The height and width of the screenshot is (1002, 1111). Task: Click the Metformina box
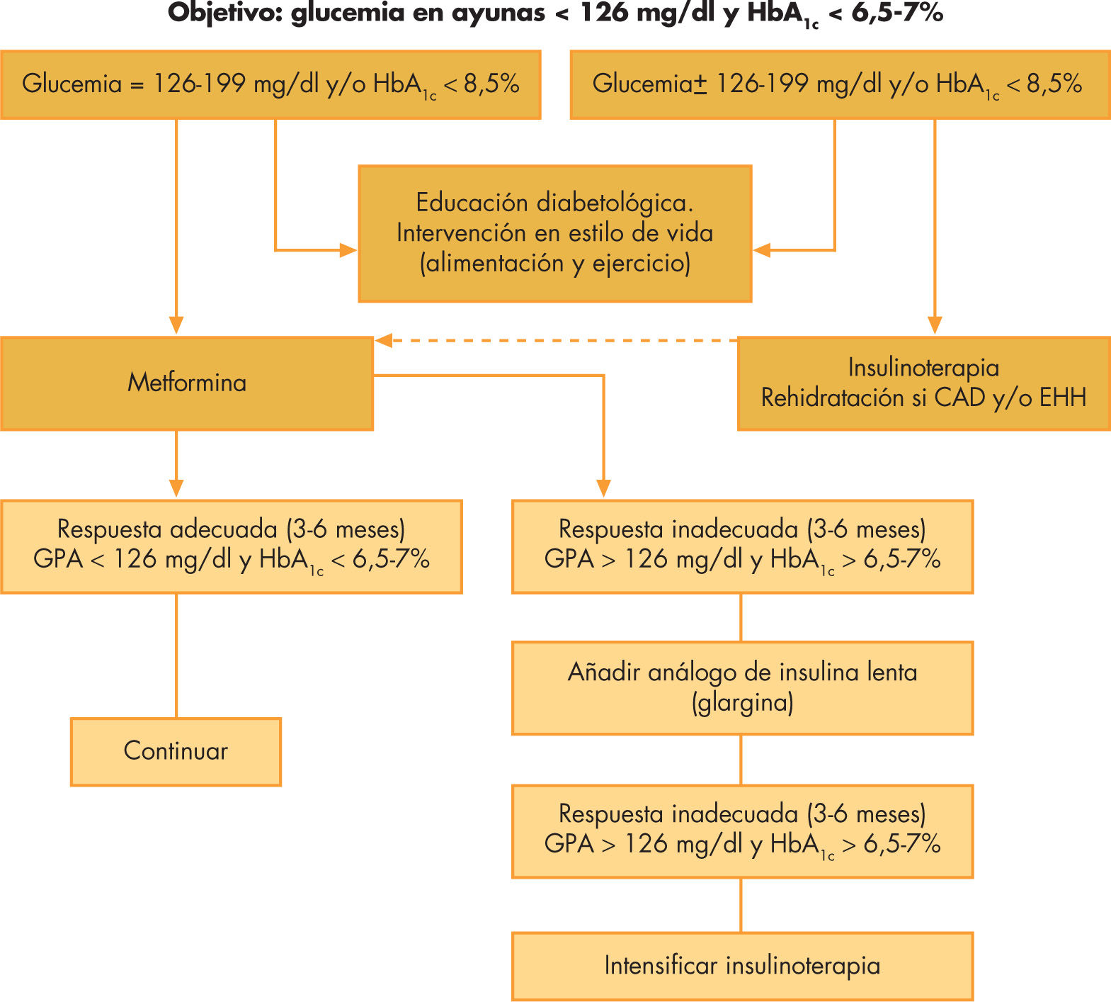coord(187,383)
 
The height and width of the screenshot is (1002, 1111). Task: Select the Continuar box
coord(176,751)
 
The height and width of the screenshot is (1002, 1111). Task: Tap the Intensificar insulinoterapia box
coord(742,966)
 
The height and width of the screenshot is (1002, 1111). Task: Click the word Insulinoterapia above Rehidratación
coord(923,368)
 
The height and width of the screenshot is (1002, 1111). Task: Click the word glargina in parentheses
coord(742,703)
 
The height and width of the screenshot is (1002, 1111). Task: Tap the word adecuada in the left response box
coord(224,529)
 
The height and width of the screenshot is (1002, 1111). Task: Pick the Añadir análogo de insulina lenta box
coord(742,687)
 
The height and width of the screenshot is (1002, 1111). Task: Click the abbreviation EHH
coord(1062,398)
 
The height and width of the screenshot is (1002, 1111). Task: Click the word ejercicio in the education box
coord(640,264)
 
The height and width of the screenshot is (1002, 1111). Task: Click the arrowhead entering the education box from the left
coord(349,250)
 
